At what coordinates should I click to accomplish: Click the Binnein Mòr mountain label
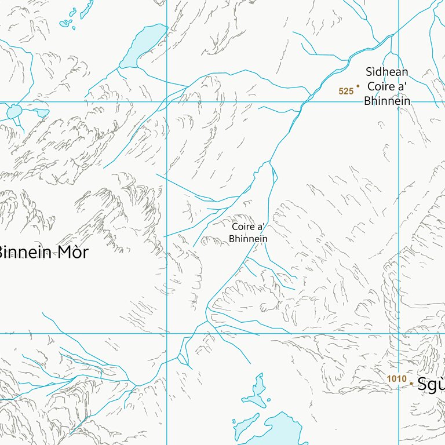click(43, 252)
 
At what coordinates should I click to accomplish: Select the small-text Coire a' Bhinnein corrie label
click(249, 233)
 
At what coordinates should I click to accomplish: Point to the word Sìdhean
click(387, 72)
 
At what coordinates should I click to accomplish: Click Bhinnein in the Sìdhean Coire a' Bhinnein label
click(387, 101)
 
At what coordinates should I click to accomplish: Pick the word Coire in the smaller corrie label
click(243, 228)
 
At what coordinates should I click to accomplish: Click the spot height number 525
click(346, 91)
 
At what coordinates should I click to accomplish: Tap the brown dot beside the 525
click(358, 86)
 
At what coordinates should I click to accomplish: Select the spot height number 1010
click(396, 379)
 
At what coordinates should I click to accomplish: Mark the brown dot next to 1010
click(411, 383)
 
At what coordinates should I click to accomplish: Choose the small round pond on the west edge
click(14, 111)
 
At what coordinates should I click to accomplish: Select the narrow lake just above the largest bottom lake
click(256, 391)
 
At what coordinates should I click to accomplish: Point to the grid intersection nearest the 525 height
click(399, 102)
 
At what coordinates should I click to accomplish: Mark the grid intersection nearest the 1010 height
click(399, 333)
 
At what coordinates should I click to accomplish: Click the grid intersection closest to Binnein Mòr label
click(167, 333)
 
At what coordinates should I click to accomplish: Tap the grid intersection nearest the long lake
click(167, 102)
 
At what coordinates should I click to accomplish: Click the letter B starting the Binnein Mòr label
click(2, 253)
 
